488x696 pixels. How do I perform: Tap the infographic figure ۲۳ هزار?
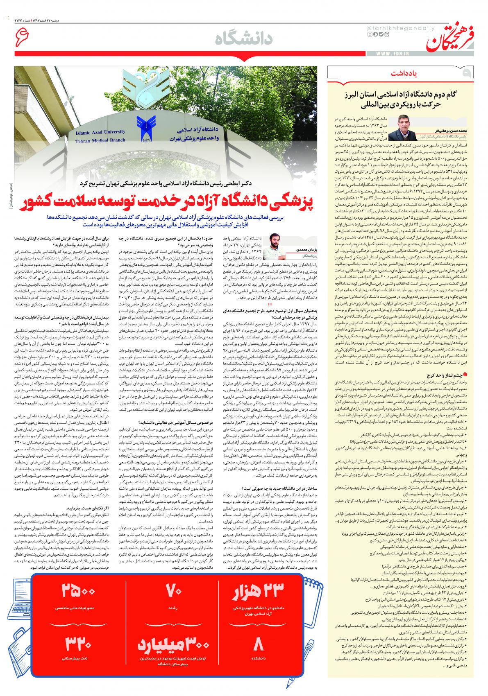(259, 594)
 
